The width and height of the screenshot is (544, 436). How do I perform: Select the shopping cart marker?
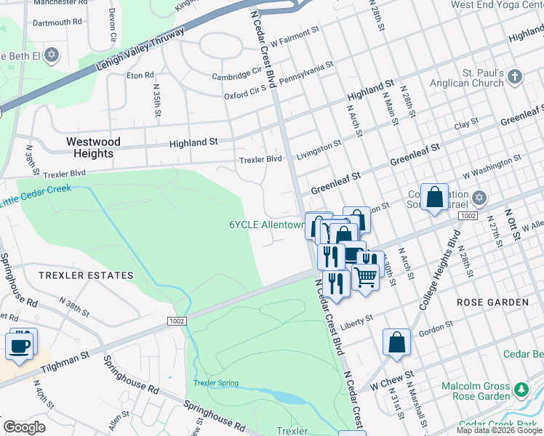pos(365,275)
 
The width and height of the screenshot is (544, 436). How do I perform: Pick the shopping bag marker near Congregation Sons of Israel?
pos(434,197)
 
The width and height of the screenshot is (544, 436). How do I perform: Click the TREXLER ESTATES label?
pos(87,275)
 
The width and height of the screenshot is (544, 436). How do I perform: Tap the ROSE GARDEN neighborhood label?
pos(492,302)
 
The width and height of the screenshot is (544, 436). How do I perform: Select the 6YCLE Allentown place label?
pos(266,225)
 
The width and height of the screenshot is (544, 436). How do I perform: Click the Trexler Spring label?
pos(215,383)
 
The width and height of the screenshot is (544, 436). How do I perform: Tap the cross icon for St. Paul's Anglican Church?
pos(515,76)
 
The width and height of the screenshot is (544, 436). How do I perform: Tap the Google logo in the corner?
pos(25,427)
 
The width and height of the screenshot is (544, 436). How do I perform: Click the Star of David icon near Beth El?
pos(51,55)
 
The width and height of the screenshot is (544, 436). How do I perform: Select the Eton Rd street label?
pos(140,75)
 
